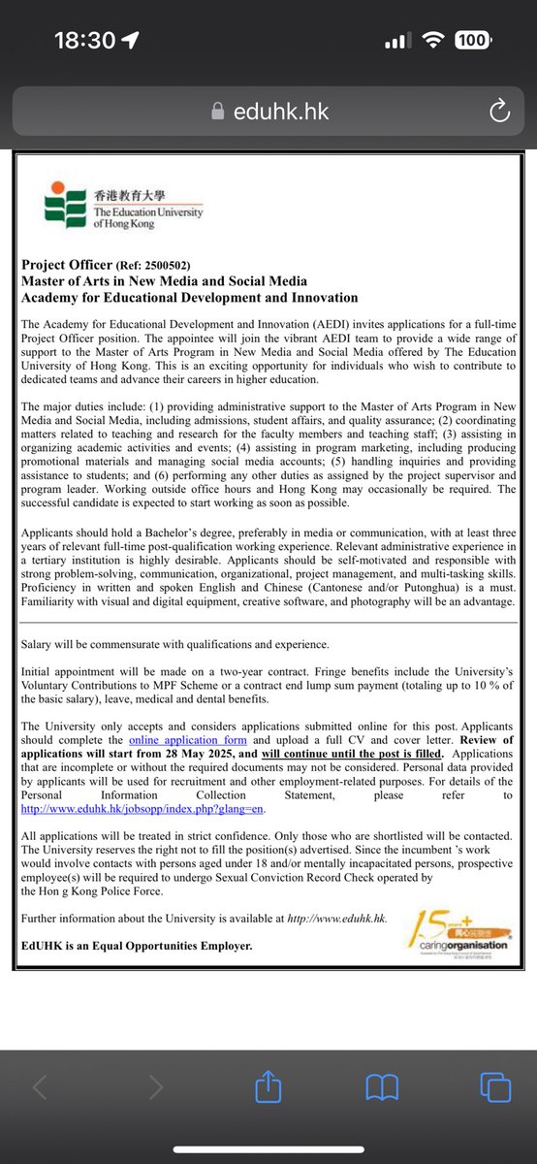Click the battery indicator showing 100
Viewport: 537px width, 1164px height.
(x=471, y=41)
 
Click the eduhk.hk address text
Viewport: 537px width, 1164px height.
(x=281, y=112)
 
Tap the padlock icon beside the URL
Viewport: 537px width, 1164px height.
(x=218, y=112)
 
